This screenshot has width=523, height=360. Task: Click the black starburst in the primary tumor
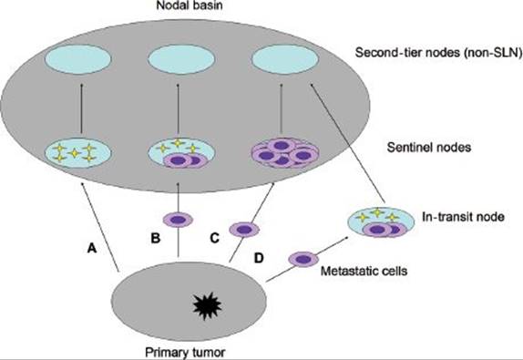[207, 305]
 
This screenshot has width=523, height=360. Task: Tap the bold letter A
[92, 248]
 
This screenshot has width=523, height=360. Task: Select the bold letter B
[156, 238]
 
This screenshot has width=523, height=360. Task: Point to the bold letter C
[215, 238]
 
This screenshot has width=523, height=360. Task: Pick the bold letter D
[259, 258]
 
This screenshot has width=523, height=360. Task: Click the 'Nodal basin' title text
[190, 5]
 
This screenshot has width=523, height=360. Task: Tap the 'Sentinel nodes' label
[429, 147]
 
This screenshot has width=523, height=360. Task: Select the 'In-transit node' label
[463, 217]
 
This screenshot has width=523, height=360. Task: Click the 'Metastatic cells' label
[364, 271]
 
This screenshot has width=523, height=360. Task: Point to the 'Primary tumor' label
[185, 353]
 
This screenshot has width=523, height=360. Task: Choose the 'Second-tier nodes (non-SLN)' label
[438, 53]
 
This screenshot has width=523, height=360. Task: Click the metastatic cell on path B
[178, 220]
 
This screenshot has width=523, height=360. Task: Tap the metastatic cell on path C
[244, 230]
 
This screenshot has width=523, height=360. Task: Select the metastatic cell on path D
[303, 259]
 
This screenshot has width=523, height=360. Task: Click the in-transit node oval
[381, 221]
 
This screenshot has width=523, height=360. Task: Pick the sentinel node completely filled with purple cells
[285, 153]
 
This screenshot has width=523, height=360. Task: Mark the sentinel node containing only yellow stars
[78, 153]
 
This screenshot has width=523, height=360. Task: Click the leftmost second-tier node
[78, 59]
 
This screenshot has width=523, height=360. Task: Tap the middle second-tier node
[181, 59]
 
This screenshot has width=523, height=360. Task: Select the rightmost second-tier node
[285, 59]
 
